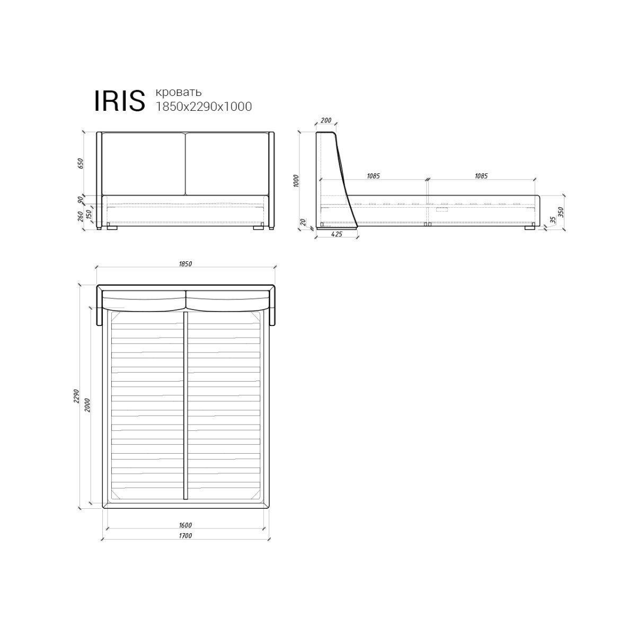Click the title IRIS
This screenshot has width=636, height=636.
point(119,101)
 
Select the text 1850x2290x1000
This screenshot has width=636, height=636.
point(204,107)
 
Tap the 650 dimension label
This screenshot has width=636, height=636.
point(81,163)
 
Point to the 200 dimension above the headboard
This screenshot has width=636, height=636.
point(326,120)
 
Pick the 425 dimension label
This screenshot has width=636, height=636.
point(337,234)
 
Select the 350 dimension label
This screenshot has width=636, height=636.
point(561,212)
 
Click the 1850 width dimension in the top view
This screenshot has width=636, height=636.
point(185,264)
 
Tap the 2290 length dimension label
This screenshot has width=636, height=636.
point(76,396)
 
